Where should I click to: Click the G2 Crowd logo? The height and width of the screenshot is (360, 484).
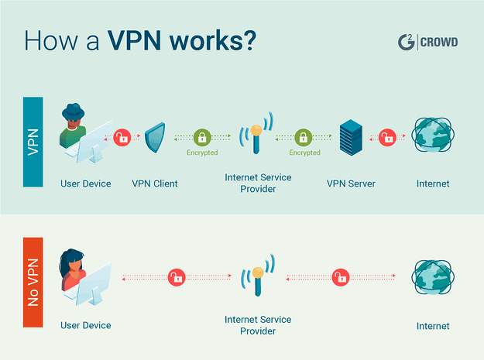pyautogui.click(x=427, y=42)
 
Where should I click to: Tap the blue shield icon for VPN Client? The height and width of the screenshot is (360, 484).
pyautogui.click(x=155, y=138)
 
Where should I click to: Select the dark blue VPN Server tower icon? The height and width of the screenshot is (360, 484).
pyautogui.click(x=351, y=137)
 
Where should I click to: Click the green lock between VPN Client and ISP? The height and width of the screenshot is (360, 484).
pyautogui.click(x=202, y=137)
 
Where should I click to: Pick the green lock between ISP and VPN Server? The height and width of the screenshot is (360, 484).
pyautogui.click(x=304, y=137)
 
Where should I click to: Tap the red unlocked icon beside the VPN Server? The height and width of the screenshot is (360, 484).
pyautogui.click(x=387, y=137)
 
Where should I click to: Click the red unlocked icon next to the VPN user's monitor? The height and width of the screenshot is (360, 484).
pyautogui.click(x=122, y=137)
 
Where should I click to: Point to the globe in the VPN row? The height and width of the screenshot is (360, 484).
pyautogui.click(x=433, y=135)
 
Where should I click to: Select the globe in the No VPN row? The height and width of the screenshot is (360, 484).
pyautogui.click(x=433, y=277)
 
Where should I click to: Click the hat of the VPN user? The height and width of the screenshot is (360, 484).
pyautogui.click(x=73, y=111)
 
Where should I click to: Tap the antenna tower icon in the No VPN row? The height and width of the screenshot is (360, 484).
pyautogui.click(x=258, y=275)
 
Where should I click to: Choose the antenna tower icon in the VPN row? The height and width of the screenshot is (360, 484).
pyautogui.click(x=256, y=133)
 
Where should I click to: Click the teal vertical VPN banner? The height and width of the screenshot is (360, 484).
pyautogui.click(x=33, y=142)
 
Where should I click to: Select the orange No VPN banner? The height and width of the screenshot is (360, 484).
pyautogui.click(x=33, y=283)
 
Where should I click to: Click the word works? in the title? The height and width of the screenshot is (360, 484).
pyautogui.click(x=213, y=40)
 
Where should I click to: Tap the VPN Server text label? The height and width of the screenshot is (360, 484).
pyautogui.click(x=351, y=183)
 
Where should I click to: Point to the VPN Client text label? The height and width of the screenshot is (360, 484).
pyautogui.click(x=155, y=183)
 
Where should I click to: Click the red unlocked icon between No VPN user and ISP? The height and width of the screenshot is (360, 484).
pyautogui.click(x=177, y=277)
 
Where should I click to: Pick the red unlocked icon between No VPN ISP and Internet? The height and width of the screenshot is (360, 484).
pyautogui.click(x=341, y=277)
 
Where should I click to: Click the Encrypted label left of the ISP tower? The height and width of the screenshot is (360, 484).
pyautogui.click(x=202, y=153)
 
